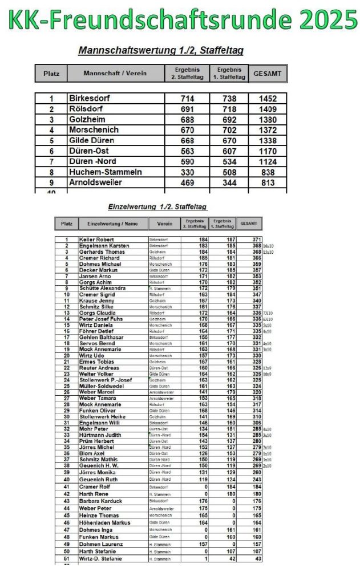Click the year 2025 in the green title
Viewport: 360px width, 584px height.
[x=322, y=21]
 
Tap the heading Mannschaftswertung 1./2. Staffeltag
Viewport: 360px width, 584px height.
[x=161, y=51]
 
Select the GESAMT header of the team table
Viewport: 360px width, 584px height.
[x=268, y=74]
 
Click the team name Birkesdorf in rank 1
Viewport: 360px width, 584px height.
[x=90, y=98]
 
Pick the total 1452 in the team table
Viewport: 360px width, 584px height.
[x=268, y=99]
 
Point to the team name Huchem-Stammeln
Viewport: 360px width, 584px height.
[x=105, y=172]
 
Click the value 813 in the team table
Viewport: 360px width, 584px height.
[x=268, y=182]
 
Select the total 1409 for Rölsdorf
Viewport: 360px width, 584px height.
[x=268, y=109]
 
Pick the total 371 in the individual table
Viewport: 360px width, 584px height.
[x=257, y=240]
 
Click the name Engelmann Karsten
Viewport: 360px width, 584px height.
[x=104, y=246]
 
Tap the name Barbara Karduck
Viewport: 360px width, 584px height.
[x=102, y=501]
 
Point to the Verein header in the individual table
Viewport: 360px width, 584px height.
[x=165, y=224]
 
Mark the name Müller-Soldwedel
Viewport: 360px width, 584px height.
[x=103, y=385]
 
